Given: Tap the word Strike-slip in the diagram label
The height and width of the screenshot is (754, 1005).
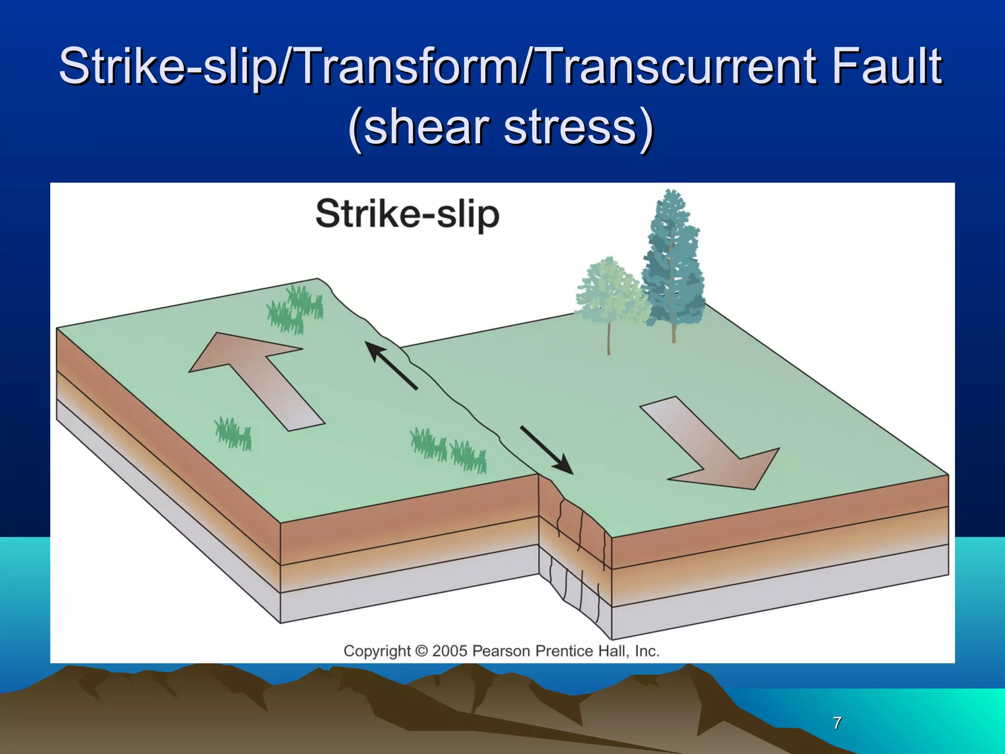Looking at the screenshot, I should point(407,215).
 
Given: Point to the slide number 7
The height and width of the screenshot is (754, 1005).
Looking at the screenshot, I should point(837,723).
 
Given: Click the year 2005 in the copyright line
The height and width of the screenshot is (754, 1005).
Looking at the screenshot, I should point(450,651).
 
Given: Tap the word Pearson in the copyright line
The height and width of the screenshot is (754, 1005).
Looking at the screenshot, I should point(501,651).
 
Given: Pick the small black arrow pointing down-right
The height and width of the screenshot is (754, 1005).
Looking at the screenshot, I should point(547,450).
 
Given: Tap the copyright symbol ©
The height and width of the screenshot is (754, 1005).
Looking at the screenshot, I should point(421,651).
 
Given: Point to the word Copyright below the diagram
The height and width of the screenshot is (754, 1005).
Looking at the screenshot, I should point(377,651).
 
